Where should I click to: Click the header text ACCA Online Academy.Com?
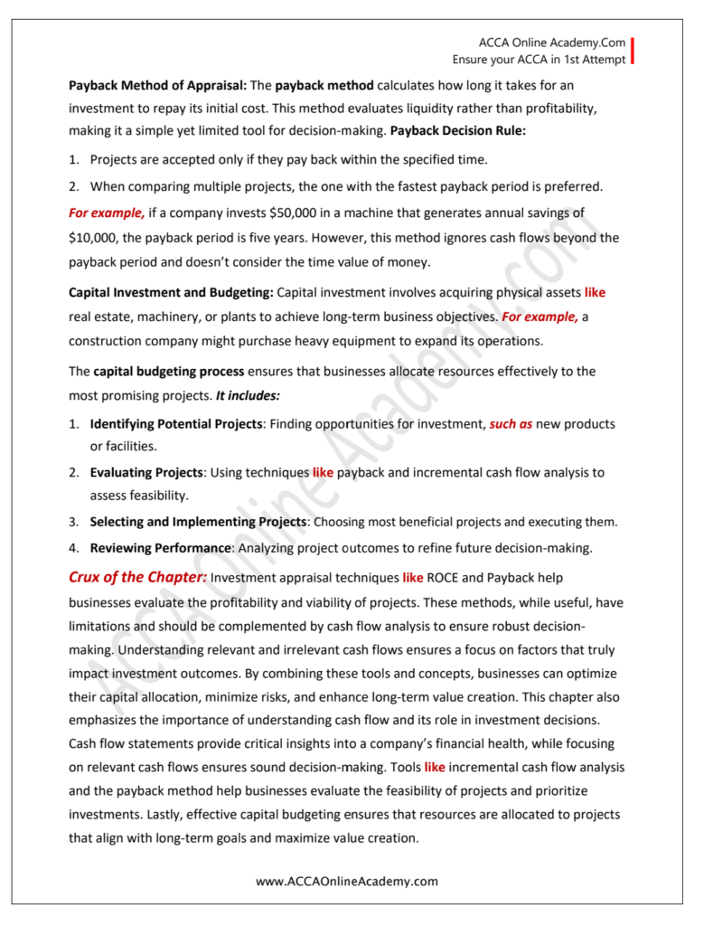(552, 43)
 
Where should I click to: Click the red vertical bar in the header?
(632, 51)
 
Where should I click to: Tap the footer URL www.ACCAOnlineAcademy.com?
(347, 881)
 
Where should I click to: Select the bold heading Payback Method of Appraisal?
(158, 86)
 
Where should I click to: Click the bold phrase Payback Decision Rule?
(458, 129)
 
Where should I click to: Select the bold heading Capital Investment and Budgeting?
(172, 293)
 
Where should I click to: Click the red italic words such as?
(511, 424)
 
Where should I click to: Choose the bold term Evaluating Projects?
(147, 472)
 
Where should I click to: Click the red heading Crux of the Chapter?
(138, 577)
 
